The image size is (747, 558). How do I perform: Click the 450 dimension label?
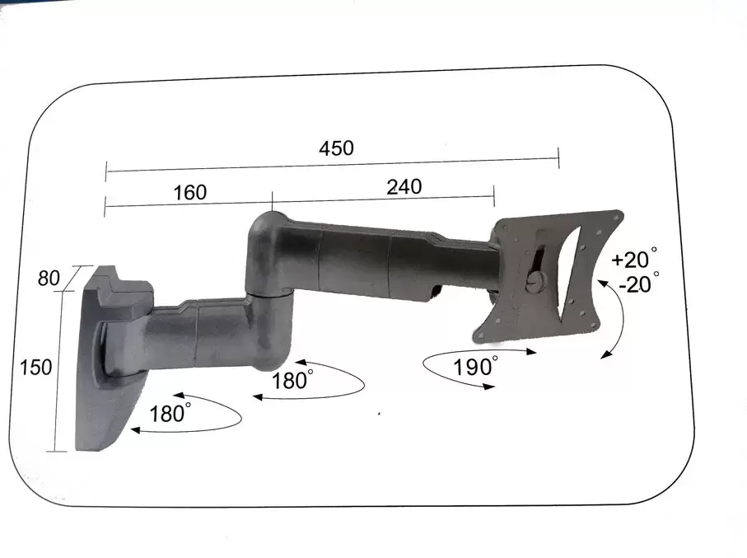coord(336,148)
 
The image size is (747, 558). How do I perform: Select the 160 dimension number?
coord(190,193)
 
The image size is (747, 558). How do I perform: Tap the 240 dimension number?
coord(404,187)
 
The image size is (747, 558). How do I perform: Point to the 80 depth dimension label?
coord(49,279)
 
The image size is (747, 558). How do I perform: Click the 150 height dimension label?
coord(36,367)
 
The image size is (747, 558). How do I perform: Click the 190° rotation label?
coord(475,368)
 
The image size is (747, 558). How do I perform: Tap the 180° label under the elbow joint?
coord(293,382)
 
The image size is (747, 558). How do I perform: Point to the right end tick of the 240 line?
coord(493,196)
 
